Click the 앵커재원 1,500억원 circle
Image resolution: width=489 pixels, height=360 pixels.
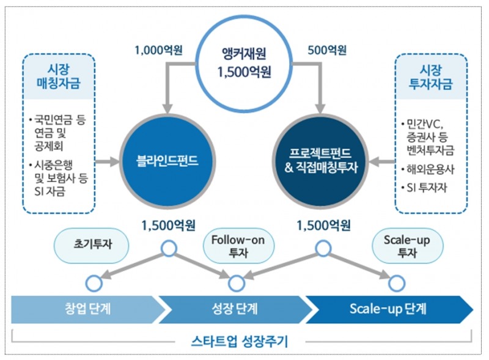(244, 62)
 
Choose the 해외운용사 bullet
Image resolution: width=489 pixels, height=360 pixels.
(430, 169)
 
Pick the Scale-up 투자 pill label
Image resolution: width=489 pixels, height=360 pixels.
(406, 246)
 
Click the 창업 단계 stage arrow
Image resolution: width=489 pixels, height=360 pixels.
(86, 309)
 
